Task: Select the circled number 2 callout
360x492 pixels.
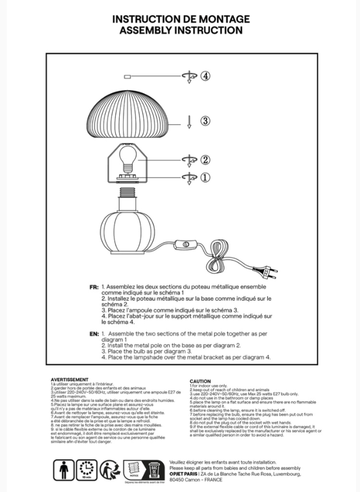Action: click(205, 159)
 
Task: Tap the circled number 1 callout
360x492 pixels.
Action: click(205, 177)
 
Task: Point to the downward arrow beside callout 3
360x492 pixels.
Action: click(190, 121)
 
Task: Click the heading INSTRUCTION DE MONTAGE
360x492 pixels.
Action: click(180, 19)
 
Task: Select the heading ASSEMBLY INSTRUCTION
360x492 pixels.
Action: click(180, 30)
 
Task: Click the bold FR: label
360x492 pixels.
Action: click(94, 287)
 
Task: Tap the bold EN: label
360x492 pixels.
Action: click(94, 334)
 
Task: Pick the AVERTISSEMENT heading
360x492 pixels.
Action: click(69, 380)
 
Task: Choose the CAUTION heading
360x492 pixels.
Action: click(200, 381)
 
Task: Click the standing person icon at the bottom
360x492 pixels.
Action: click(64, 469)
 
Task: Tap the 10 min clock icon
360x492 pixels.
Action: click(87, 469)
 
